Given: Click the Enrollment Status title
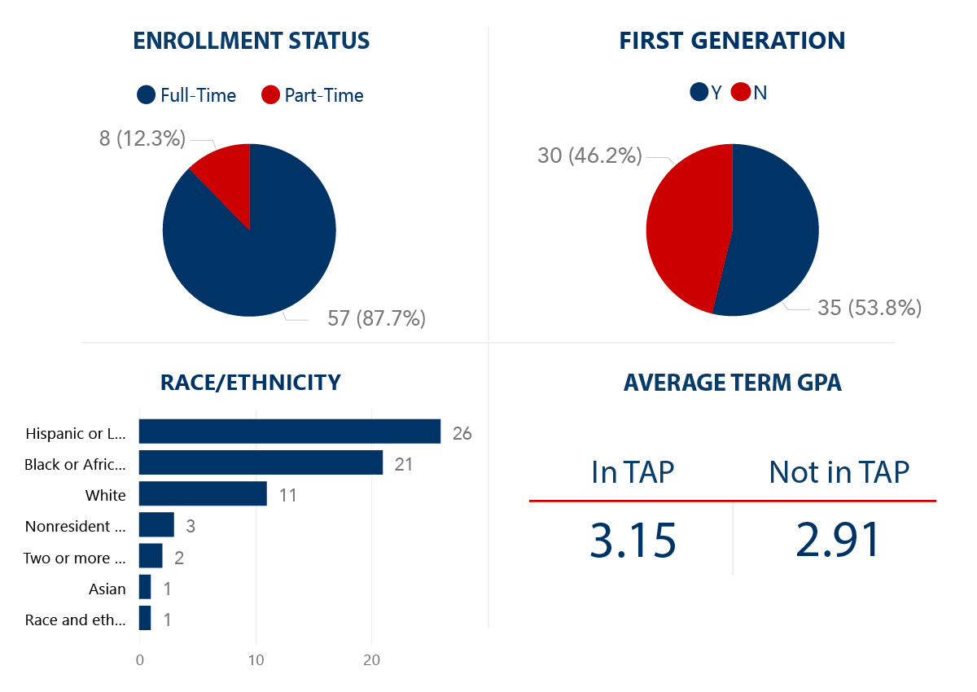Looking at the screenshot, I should [x=252, y=41].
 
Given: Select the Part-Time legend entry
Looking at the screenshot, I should [x=313, y=95].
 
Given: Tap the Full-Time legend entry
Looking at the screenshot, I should [x=187, y=95].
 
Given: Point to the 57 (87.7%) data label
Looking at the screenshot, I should [x=376, y=318].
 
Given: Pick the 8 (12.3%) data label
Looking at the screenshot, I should [x=142, y=138].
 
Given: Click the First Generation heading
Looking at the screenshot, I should [x=732, y=41].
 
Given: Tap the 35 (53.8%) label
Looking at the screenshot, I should [x=869, y=308].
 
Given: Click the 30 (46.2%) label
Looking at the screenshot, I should [x=589, y=155].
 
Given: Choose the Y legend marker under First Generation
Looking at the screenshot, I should [x=699, y=92].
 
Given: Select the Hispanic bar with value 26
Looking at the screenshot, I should [x=290, y=431].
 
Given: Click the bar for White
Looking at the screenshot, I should [x=203, y=493].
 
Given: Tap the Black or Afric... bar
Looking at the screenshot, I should [x=261, y=462].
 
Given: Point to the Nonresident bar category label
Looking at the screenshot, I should [x=76, y=526].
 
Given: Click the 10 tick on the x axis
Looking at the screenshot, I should [x=256, y=660].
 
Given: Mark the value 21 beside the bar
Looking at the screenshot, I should [x=405, y=464].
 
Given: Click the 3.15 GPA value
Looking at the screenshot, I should [x=633, y=540].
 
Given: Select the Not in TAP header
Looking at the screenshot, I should [x=839, y=472].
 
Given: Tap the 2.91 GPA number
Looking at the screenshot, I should [x=839, y=540].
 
